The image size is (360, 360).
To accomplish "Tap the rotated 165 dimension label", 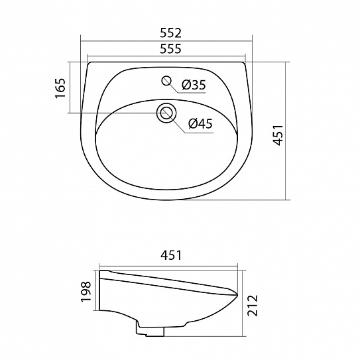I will point(60,88).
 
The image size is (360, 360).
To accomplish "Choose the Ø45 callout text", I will point(200,123).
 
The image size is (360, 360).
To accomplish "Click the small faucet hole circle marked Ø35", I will point(166,82).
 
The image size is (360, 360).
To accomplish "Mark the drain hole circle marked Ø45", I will point(166,113).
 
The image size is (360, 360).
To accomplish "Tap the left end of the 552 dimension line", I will point(81,41).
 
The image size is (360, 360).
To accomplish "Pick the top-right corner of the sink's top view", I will point(248,64).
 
